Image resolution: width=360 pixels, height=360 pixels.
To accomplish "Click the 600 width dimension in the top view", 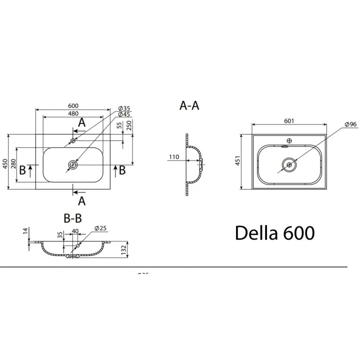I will (73, 105).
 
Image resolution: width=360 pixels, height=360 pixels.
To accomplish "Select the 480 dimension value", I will (73, 113).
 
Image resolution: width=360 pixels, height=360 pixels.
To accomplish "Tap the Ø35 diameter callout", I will (124, 108).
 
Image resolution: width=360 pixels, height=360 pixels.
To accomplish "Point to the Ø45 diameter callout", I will (124, 115).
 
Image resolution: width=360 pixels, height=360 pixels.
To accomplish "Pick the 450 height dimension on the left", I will (5, 164).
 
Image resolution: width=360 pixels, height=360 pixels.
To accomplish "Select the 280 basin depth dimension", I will (13, 164).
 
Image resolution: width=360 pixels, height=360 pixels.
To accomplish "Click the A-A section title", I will (189, 105).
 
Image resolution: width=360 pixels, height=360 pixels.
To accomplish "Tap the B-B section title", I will (72, 218).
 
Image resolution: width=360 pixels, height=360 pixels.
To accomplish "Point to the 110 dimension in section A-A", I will (173, 157).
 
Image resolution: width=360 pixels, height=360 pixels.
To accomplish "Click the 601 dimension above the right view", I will (288, 121).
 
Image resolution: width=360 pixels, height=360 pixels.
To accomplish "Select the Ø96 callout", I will (349, 124).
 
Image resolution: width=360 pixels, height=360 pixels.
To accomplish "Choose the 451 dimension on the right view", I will (238, 161).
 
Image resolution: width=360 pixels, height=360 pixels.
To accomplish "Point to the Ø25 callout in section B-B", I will (101, 229).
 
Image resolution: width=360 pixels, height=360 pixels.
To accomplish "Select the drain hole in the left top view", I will (73, 164).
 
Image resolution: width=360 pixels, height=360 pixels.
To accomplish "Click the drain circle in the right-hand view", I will (289, 163).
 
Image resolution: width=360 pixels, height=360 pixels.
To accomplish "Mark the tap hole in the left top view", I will (73, 141).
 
